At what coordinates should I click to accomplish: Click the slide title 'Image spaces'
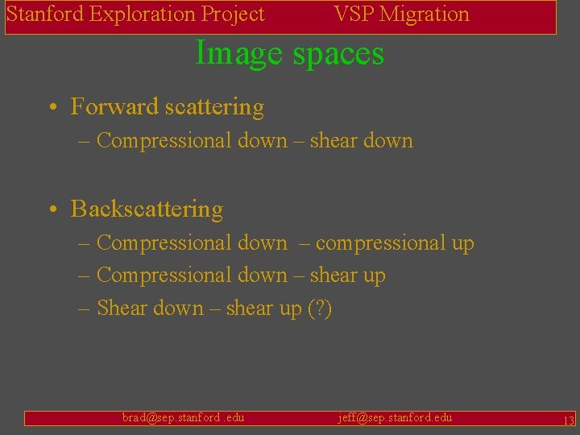tap(290, 54)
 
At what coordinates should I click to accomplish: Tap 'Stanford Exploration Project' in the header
tap(135, 14)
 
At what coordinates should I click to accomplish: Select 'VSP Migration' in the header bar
tap(401, 14)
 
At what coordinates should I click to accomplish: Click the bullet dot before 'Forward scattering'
tap(51, 108)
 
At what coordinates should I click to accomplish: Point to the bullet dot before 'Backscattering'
tap(51, 209)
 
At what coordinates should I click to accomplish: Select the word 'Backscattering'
tap(147, 209)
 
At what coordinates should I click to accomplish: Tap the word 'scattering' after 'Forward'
tap(215, 107)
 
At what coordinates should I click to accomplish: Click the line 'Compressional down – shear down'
tap(254, 141)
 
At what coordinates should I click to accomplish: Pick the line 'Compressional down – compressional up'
tap(284, 243)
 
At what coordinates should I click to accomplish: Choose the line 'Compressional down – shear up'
tap(240, 275)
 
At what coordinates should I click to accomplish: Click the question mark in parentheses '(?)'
tap(320, 309)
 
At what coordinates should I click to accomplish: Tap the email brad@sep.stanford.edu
tap(183, 417)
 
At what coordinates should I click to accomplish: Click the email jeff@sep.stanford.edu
tap(395, 417)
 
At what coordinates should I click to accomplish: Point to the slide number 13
tap(568, 420)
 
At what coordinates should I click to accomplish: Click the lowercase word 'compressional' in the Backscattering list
tap(381, 243)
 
